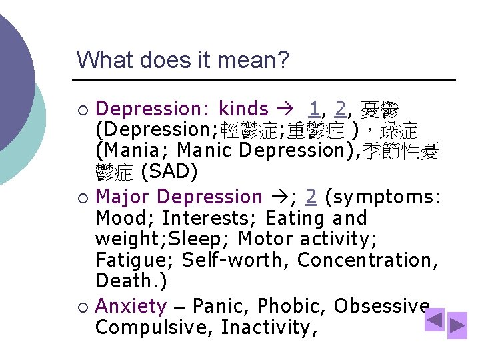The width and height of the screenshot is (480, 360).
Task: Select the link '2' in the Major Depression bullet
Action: point(311,197)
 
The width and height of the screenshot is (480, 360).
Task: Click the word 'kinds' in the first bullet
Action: point(244,109)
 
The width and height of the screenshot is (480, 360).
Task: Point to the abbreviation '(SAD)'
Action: point(171,171)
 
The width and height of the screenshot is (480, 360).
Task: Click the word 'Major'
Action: point(123,197)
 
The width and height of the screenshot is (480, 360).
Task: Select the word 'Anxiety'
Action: point(131,306)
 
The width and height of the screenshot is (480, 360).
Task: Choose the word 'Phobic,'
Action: point(292,306)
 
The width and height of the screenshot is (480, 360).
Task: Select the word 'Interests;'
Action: point(210,218)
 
